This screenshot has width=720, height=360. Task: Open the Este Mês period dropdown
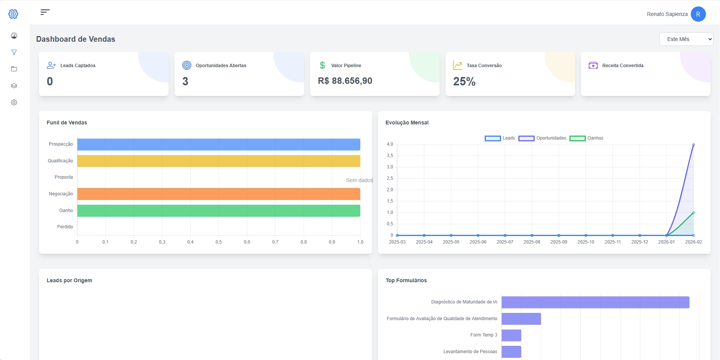tap(686, 39)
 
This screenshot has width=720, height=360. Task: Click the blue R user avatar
tap(698, 14)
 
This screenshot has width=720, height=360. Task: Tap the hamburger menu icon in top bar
tap(45, 12)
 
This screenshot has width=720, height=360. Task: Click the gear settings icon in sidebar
tap(14, 102)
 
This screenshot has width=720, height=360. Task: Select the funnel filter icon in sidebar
tap(14, 52)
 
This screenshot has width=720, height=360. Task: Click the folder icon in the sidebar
tap(14, 69)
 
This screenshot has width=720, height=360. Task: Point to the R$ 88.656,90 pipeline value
tap(345, 81)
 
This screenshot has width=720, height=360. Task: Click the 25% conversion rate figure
tap(464, 82)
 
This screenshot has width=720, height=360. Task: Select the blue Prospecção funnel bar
tap(218, 145)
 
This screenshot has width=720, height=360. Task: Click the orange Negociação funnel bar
tap(218, 194)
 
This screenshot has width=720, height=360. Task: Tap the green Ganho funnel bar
tap(218, 211)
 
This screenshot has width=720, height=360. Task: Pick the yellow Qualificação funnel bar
tap(218, 161)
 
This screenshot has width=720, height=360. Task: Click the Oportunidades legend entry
tap(542, 138)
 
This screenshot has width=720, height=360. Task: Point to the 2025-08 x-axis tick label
tap(532, 242)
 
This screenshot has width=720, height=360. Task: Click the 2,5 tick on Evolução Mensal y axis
tap(390, 178)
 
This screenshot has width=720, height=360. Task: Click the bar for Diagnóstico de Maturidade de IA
tap(595, 302)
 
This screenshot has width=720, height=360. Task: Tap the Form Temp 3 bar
tap(511, 335)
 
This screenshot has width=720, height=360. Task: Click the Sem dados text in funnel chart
tap(359, 180)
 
